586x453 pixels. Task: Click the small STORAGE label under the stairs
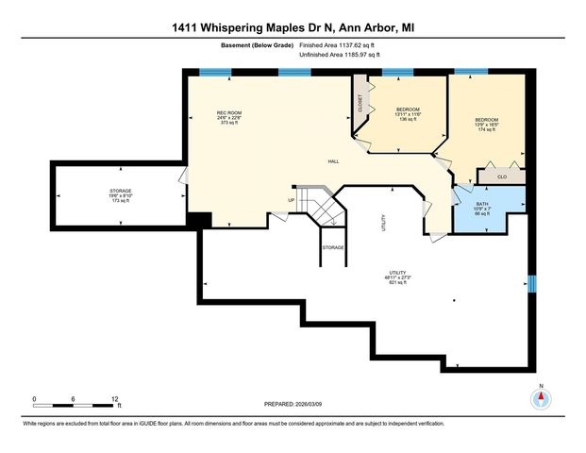click(332, 247)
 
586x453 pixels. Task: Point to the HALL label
click(333, 161)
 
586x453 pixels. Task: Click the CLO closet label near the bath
click(502, 176)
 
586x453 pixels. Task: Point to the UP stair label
click(292, 200)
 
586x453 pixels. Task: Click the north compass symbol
click(541, 398)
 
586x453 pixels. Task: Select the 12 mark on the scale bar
click(115, 397)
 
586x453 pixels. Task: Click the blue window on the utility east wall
click(531, 284)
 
